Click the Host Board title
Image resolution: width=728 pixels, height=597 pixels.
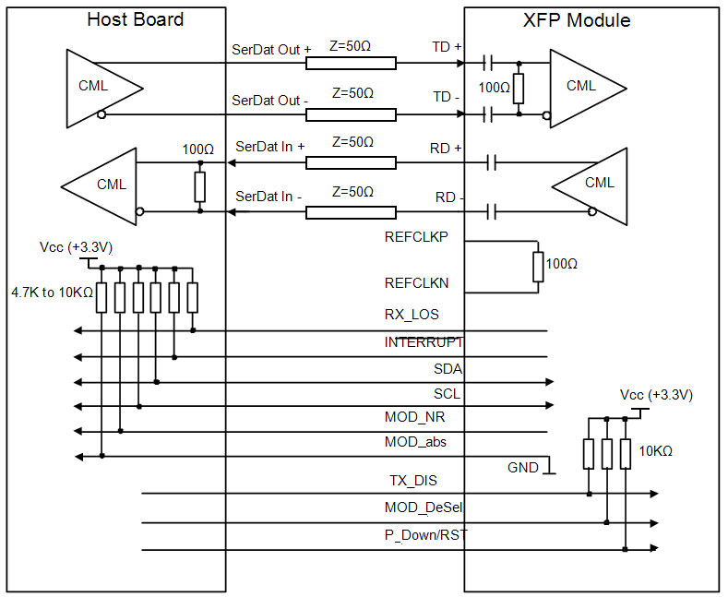(x=135, y=19)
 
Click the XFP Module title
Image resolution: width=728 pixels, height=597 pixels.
(x=591, y=19)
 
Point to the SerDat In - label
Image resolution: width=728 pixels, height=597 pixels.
(x=270, y=197)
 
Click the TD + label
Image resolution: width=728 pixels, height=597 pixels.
(x=448, y=45)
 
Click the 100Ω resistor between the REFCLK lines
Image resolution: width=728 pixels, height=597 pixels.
(x=539, y=266)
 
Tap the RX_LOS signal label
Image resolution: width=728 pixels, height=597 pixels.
(x=412, y=315)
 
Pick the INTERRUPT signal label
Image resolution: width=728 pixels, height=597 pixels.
(x=424, y=342)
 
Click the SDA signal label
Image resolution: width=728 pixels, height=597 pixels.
(x=448, y=369)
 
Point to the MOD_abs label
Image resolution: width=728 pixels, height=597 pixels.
(x=416, y=442)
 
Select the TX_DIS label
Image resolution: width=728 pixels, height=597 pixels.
(x=412, y=481)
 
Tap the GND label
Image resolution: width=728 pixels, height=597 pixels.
(x=523, y=468)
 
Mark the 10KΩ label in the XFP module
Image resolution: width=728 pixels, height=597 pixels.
(x=654, y=452)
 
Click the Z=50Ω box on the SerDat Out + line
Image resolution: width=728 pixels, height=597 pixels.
(x=351, y=63)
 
